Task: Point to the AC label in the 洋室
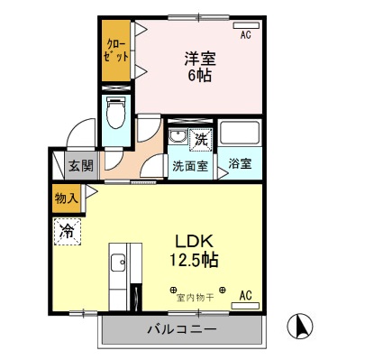coord(244,35)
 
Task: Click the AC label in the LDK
coord(245,295)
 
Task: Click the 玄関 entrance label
coord(80,166)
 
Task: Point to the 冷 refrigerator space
coord(67,232)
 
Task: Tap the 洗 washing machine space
coord(202,141)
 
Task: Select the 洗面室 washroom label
coord(190,166)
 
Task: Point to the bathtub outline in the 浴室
coord(239,136)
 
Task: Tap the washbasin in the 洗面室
coord(178,138)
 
